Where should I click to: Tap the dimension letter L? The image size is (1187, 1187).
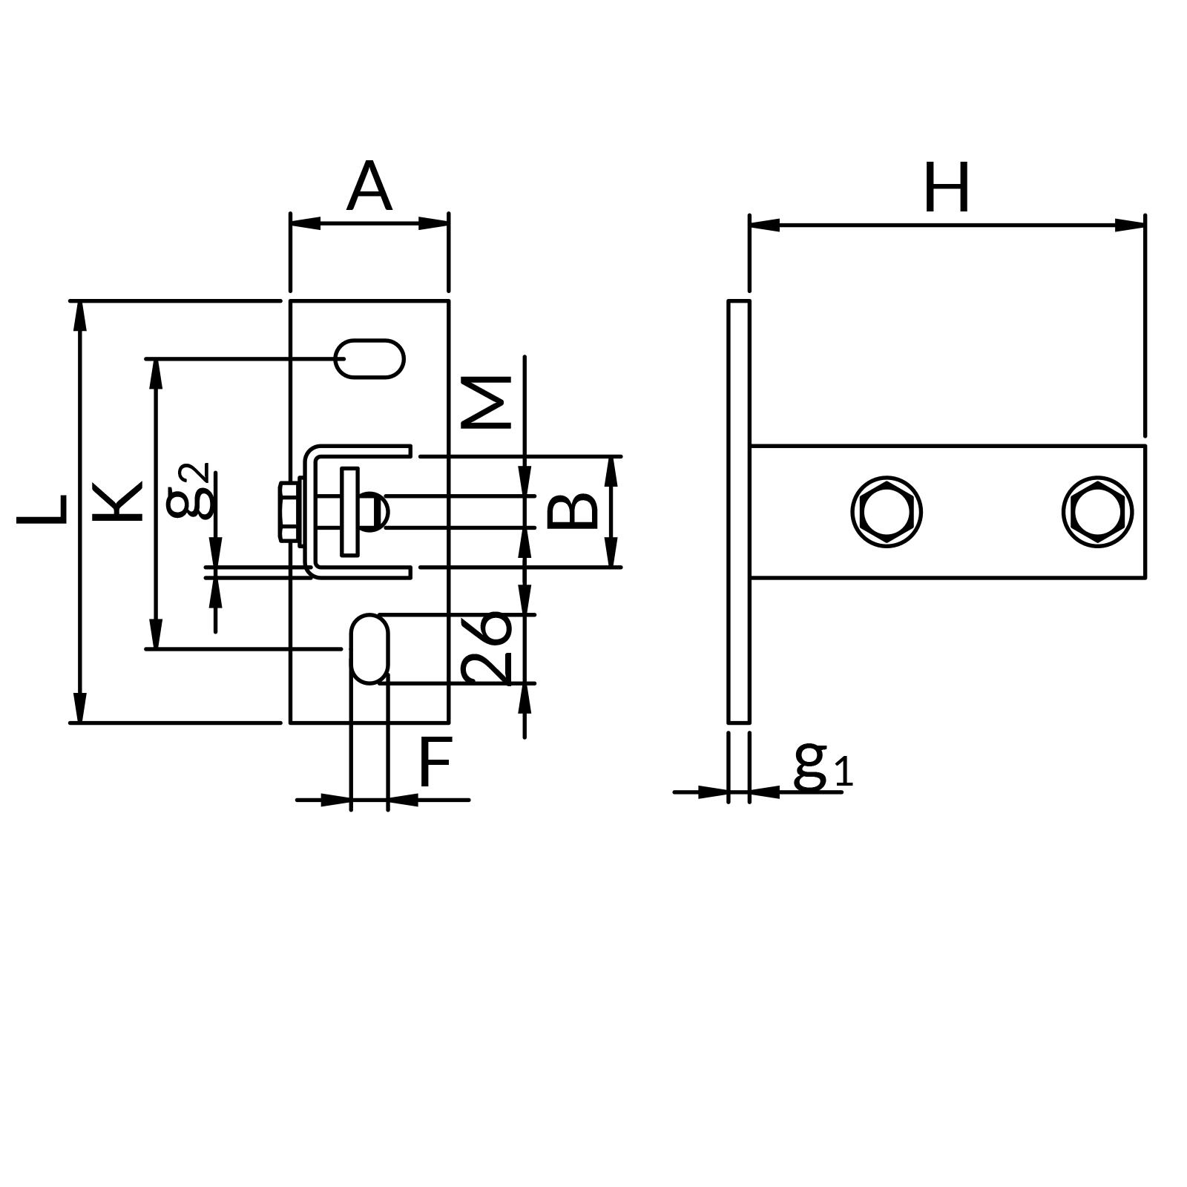click(x=43, y=510)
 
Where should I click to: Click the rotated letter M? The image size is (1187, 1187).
click(x=486, y=402)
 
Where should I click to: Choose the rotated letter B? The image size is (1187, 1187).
click(x=572, y=511)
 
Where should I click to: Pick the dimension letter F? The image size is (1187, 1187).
click(x=435, y=763)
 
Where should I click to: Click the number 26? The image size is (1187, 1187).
click(x=486, y=647)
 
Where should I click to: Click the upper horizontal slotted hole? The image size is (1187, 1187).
click(x=369, y=359)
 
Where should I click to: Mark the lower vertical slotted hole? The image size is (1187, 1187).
click(x=369, y=648)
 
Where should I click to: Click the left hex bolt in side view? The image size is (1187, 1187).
click(x=887, y=512)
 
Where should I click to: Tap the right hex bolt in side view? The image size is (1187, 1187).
click(x=1097, y=512)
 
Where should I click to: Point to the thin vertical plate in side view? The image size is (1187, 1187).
click(x=738, y=511)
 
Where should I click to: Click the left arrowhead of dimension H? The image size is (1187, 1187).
click(x=764, y=224)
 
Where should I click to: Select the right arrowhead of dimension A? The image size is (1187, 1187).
click(x=435, y=223)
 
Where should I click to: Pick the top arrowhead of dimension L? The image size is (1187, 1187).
click(x=80, y=315)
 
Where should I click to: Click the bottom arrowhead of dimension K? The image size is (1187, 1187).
click(x=155, y=635)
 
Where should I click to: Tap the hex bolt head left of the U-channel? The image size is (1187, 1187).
click(x=289, y=512)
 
